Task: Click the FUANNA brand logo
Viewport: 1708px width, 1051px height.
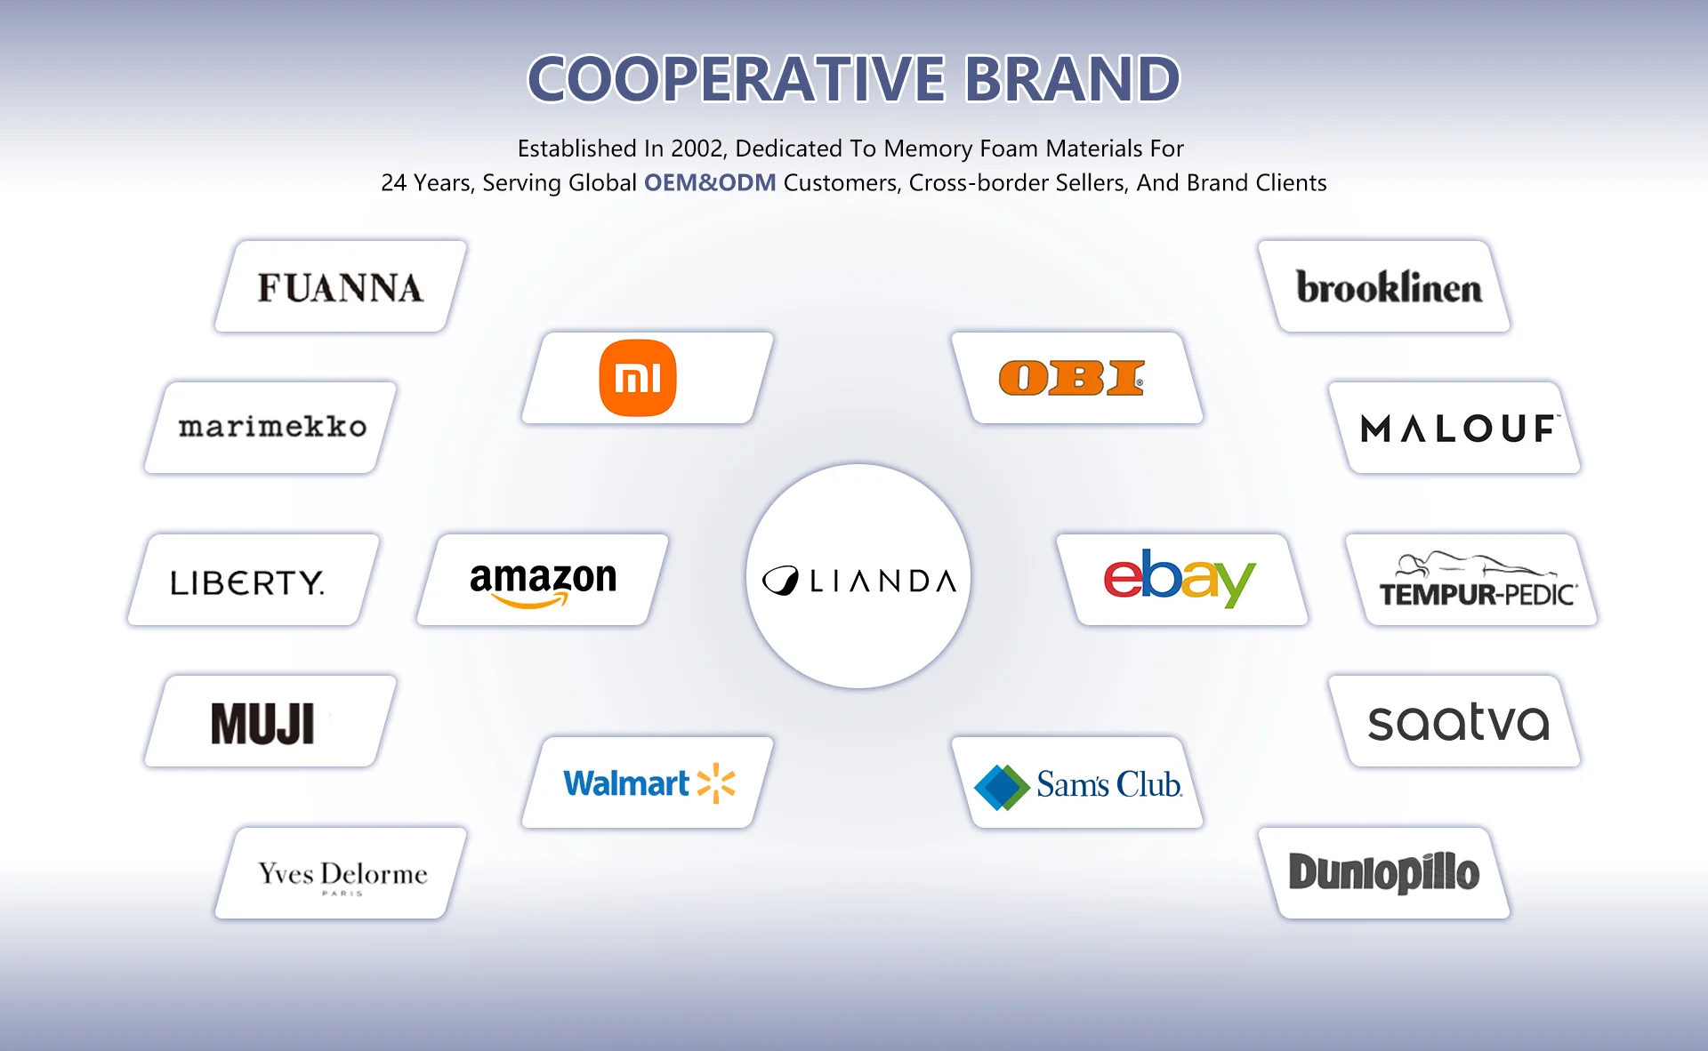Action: (x=340, y=288)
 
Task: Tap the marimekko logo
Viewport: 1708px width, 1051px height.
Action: (x=272, y=427)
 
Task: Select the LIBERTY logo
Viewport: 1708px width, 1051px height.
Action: (x=247, y=582)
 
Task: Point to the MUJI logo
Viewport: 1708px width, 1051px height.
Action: (x=262, y=723)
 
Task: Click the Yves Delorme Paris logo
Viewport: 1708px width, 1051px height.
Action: (x=342, y=875)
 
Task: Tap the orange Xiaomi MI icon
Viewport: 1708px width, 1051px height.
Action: (x=638, y=378)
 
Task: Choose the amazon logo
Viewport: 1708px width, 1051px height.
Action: (x=543, y=582)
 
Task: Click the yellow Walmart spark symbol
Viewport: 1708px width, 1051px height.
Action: (x=716, y=783)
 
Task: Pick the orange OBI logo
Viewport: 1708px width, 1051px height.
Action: (x=1071, y=378)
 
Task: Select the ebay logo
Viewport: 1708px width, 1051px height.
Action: (x=1179, y=578)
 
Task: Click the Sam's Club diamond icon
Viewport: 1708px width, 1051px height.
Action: (x=1002, y=787)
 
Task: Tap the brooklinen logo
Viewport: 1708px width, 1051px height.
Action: (x=1389, y=287)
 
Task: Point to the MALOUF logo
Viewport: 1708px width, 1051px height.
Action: (x=1459, y=429)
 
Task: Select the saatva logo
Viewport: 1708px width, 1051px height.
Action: (x=1458, y=722)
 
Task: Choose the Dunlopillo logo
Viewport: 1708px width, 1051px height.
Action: (x=1384, y=872)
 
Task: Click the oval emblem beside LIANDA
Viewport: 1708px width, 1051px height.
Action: (x=781, y=581)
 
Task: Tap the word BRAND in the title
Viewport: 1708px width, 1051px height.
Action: (x=1072, y=79)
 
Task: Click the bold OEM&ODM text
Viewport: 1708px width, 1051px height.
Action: (x=710, y=183)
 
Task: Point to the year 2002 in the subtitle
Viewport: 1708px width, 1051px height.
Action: (x=697, y=148)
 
